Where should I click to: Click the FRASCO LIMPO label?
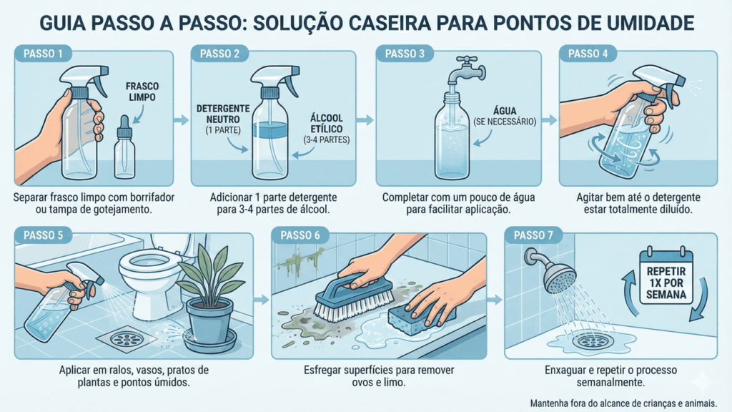(142, 90)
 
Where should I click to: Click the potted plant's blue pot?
(209, 322)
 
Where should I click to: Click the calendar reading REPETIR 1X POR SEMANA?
(666, 278)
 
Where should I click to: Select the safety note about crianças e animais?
(623, 402)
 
